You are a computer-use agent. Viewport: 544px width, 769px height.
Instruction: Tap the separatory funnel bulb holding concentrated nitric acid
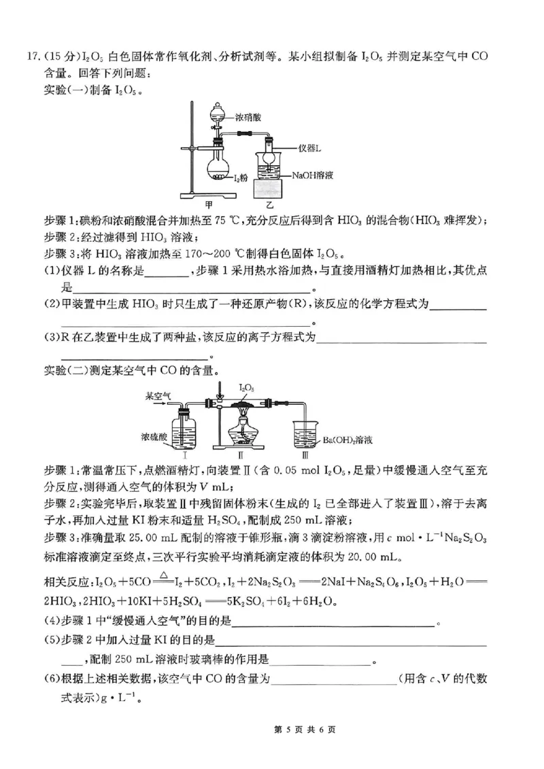218,114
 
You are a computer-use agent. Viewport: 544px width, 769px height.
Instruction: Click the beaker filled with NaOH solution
271,166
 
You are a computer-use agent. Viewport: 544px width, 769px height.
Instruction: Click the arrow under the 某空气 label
156,403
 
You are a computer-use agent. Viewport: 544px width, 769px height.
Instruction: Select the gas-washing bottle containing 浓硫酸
184,432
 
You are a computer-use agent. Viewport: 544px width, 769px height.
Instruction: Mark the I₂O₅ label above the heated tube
246,387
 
